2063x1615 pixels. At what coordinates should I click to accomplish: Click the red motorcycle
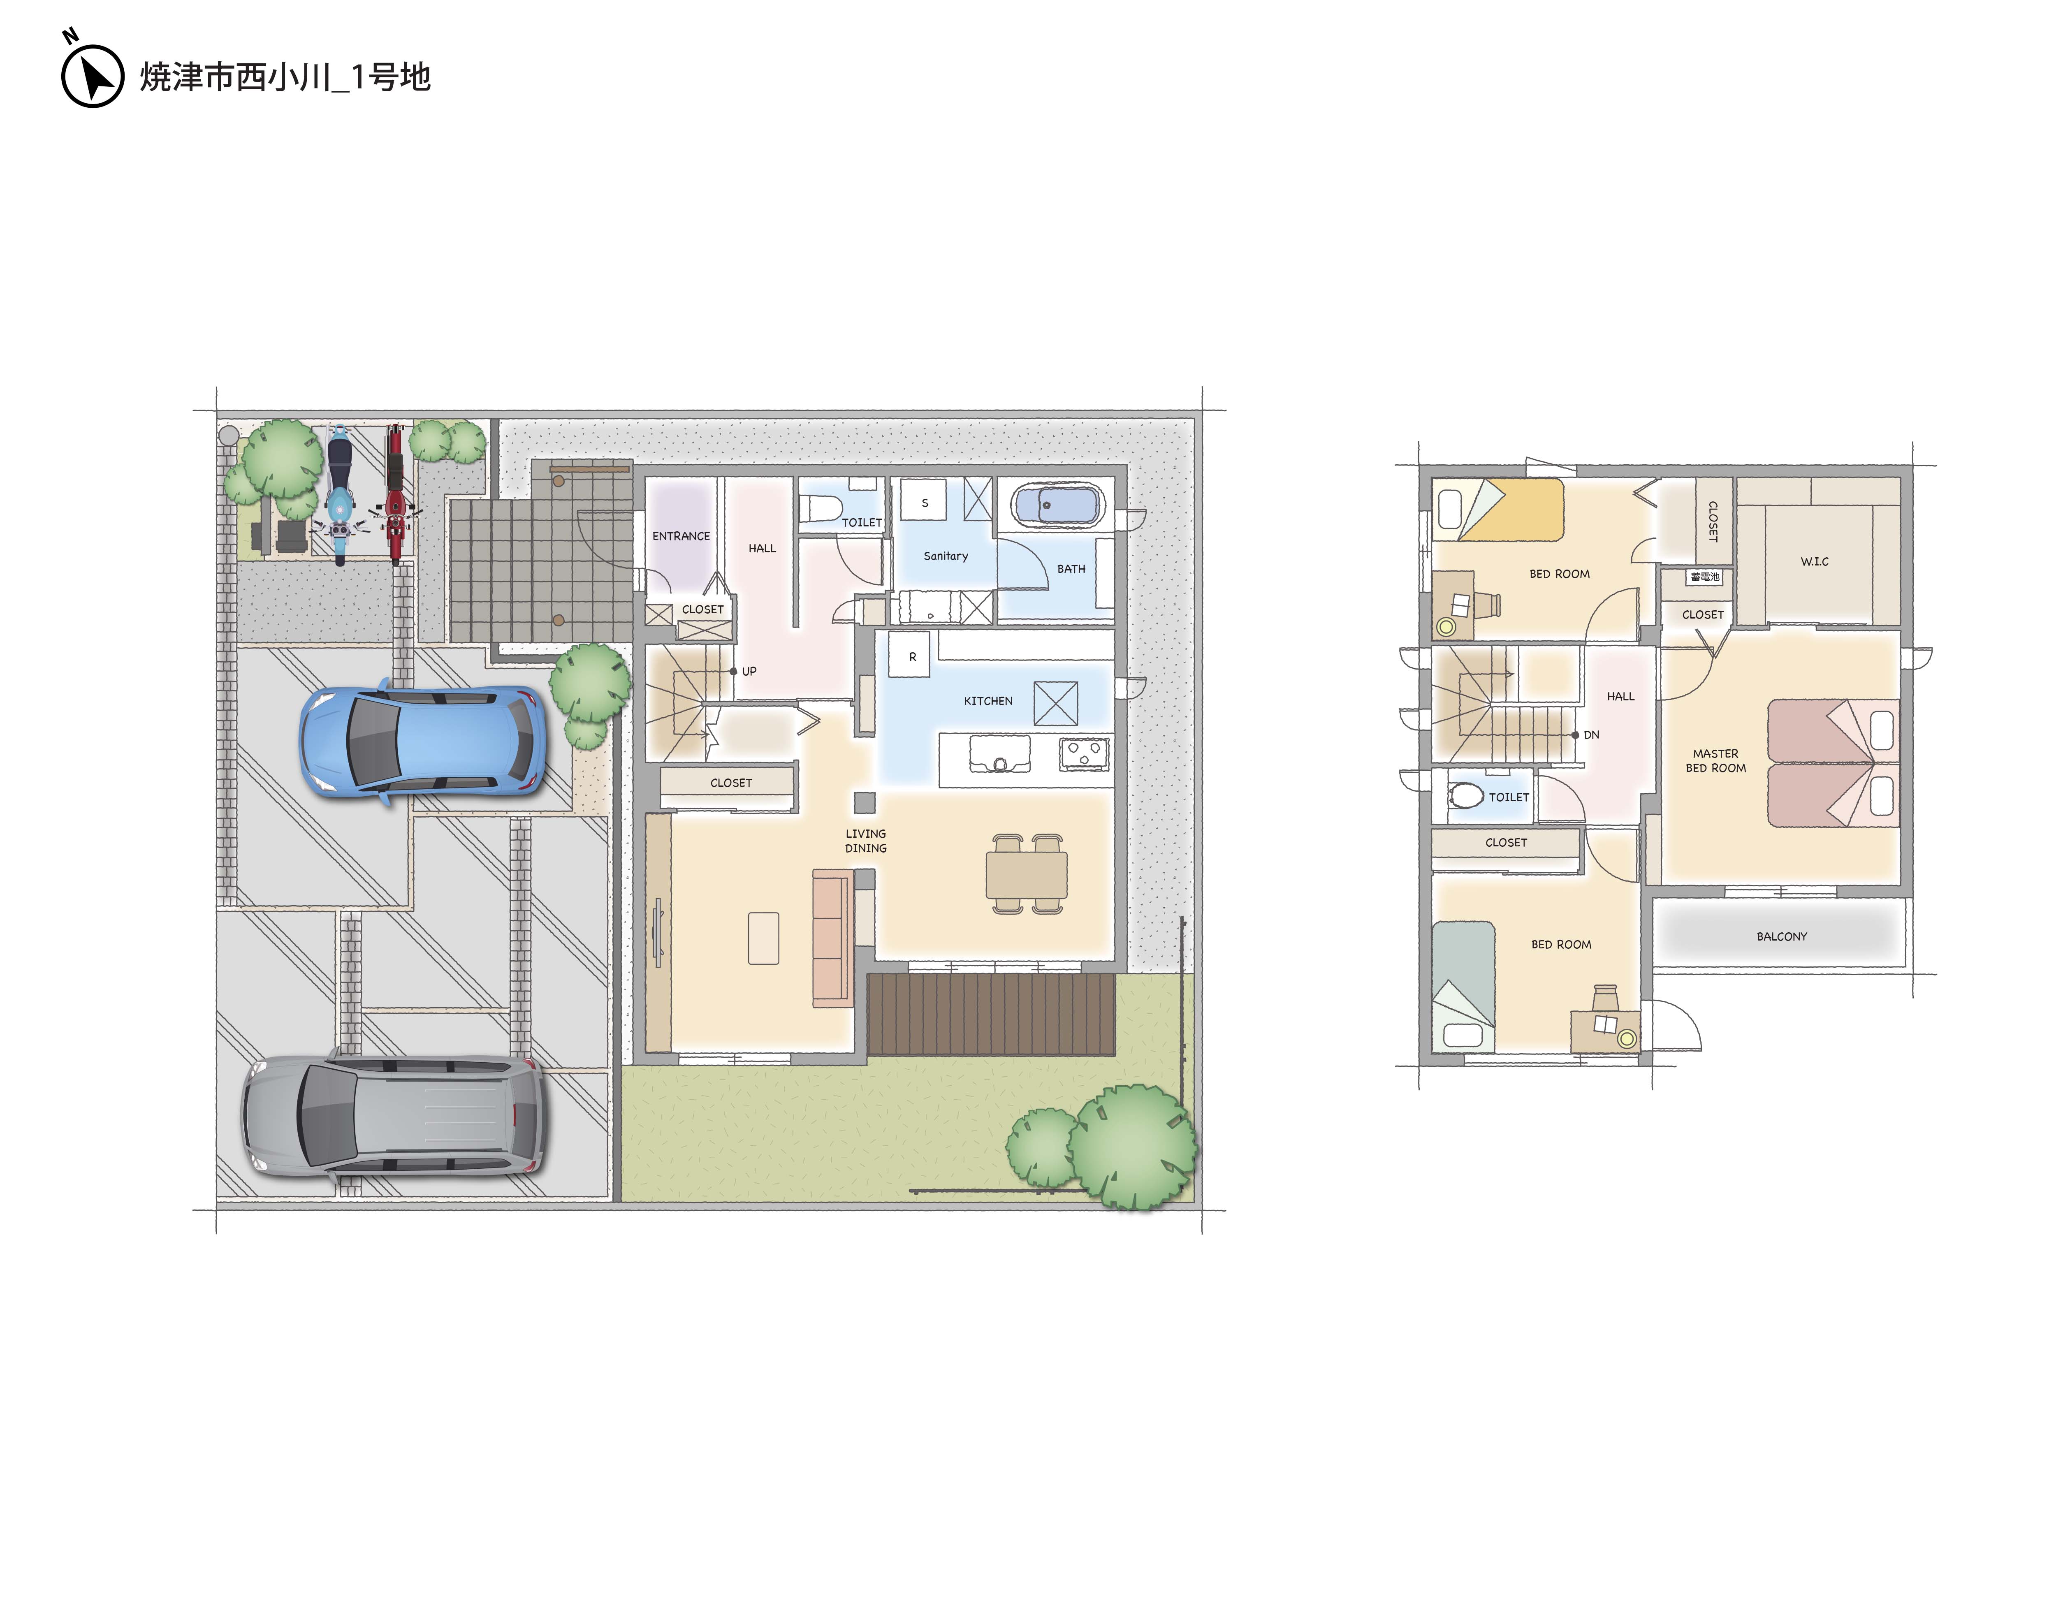coord(395,494)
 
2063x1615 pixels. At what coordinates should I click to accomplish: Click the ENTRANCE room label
coord(681,536)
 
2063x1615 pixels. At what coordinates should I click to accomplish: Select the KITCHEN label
coord(988,701)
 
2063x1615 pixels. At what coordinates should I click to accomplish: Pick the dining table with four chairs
coord(1027,874)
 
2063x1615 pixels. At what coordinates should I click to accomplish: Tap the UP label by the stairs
coord(749,671)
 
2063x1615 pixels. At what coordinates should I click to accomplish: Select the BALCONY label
coord(1781,936)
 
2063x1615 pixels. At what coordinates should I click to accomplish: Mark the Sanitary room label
coord(946,556)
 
